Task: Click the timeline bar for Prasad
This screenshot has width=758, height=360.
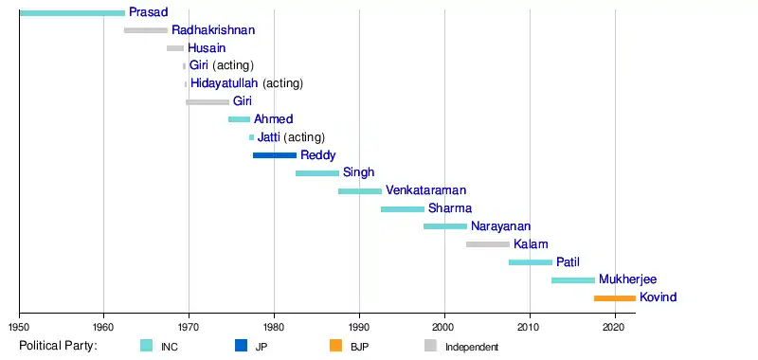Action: (x=73, y=12)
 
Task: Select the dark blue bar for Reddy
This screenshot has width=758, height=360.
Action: (x=275, y=155)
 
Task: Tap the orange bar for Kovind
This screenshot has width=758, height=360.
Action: (x=615, y=298)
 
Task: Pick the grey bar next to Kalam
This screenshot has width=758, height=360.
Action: (x=488, y=244)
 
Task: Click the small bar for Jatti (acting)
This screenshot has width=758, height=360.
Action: (x=251, y=137)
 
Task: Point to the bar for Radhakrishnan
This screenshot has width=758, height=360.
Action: (x=146, y=30)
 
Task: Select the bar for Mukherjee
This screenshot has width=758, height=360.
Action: (x=573, y=280)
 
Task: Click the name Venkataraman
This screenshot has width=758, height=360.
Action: (x=425, y=190)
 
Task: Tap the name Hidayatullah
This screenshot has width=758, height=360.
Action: (x=225, y=83)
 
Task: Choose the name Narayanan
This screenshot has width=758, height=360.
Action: (x=501, y=226)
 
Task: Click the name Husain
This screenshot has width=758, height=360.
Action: (x=207, y=48)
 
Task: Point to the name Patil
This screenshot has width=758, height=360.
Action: (x=568, y=262)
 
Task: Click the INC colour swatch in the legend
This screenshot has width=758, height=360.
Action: (x=147, y=346)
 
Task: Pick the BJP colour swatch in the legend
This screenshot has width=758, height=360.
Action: (x=336, y=346)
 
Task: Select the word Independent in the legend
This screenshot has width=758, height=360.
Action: (x=472, y=347)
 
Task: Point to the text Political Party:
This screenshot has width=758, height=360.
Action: (x=59, y=346)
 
